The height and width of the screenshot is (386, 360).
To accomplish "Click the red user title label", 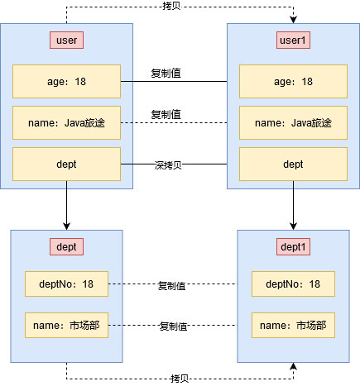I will tap(66, 40).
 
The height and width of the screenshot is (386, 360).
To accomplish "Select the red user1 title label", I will tap(293, 40).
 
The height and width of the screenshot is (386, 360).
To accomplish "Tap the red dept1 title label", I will tap(293, 246).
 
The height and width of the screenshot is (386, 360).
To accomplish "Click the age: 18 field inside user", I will tap(66, 82).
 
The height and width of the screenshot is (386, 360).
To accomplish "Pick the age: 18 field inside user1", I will tap(293, 82).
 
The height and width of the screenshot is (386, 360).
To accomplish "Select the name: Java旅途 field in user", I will tap(66, 123).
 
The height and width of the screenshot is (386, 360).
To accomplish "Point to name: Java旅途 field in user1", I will tap(293, 123).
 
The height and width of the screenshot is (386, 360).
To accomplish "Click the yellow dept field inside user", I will tap(66, 164).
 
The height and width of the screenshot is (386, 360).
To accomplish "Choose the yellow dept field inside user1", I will tap(293, 164).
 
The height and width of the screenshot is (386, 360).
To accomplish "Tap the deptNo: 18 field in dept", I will tap(66, 284).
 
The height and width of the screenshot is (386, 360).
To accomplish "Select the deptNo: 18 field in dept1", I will tap(293, 284).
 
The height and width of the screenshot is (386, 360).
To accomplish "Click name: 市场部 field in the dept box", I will tap(66, 326).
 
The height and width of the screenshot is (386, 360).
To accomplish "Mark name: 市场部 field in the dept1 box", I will tap(293, 326).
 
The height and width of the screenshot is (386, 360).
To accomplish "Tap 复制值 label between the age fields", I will tap(166, 73).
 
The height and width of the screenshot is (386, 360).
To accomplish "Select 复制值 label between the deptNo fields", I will tap(171, 286).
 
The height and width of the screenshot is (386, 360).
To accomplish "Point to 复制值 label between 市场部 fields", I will tap(173, 326).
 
